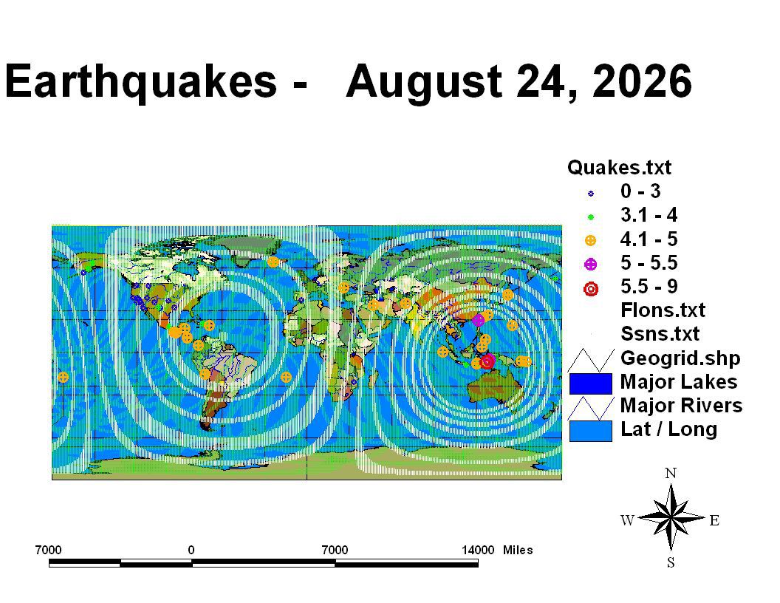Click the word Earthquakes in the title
coord(140,81)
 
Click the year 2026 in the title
coord(642,81)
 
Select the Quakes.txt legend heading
coord(619,168)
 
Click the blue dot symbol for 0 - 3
coord(590,194)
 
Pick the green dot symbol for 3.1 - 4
coord(590,217)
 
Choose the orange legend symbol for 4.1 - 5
coord(590,241)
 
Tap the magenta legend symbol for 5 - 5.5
coord(590,265)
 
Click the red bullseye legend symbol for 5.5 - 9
coord(590,288)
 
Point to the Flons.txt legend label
coord(663,310)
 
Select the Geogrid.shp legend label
coord(680,358)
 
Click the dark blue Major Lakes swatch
coord(590,384)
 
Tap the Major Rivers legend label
coord(681,405)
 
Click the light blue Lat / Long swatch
coord(590,431)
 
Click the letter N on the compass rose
coord(671,473)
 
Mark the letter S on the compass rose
coord(671,562)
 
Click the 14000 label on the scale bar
coord(478,550)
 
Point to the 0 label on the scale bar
coord(191,550)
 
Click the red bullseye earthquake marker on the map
coord(487,361)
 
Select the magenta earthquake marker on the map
coord(478,320)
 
